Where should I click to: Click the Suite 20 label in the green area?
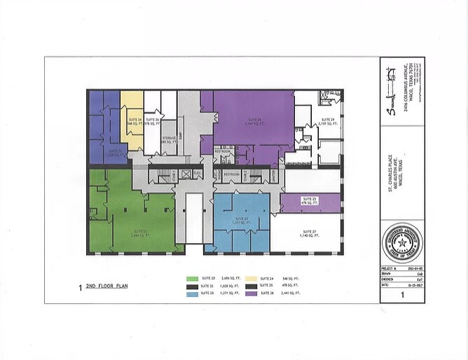click(x=139, y=233)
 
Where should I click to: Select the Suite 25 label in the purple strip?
click(x=310, y=201)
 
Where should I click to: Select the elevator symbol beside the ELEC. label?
click(x=185, y=173)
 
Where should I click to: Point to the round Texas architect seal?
click(x=401, y=247)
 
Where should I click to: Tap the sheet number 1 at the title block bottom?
click(x=401, y=296)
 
